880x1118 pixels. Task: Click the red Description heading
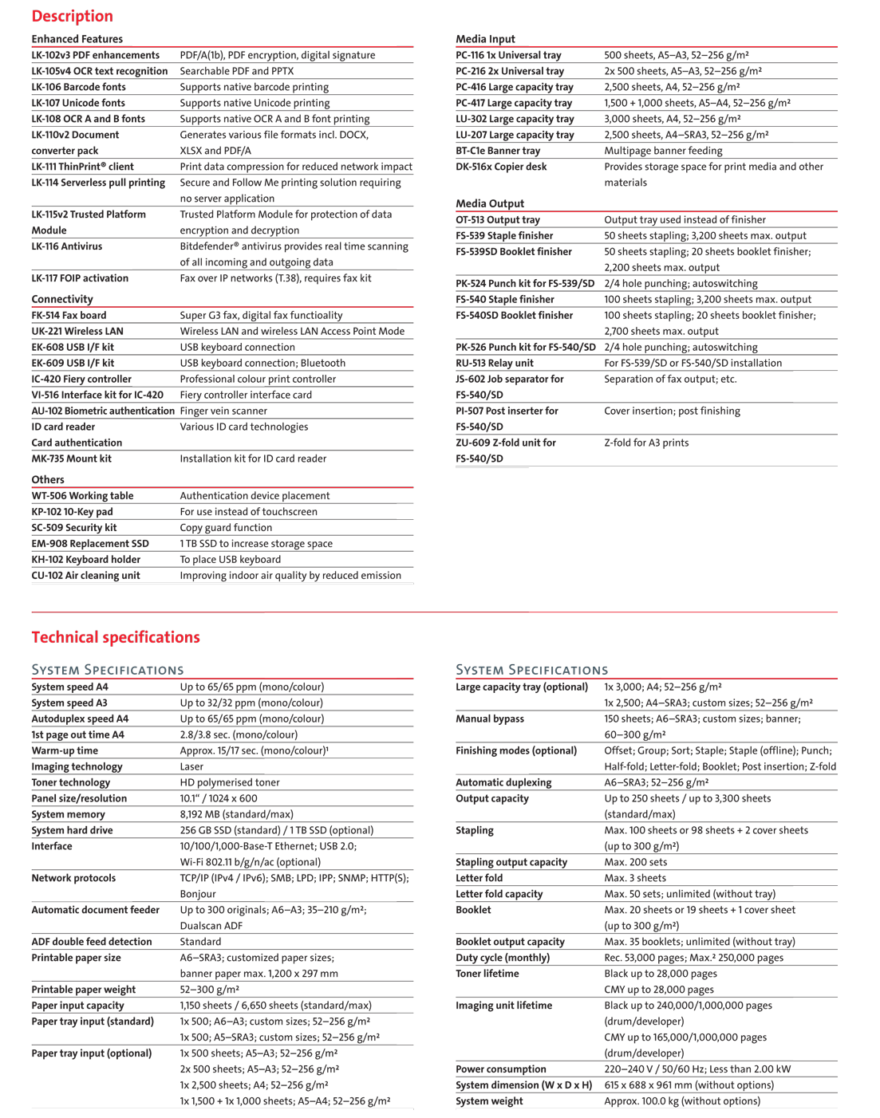[x=72, y=16]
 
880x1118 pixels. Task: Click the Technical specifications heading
[x=116, y=637]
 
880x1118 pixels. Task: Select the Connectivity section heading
[x=62, y=299]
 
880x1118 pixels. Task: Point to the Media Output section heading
[x=490, y=203]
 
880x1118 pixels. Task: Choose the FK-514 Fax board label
[x=69, y=315]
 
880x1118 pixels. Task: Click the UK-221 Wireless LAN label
[x=77, y=331]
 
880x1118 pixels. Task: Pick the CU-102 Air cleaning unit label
[x=85, y=575]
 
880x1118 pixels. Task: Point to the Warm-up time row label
[x=65, y=750]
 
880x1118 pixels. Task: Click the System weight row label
[x=489, y=1101]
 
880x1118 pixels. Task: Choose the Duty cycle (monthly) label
[x=503, y=958]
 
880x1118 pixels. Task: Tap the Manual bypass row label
[x=490, y=718]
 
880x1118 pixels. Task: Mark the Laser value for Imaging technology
[x=191, y=766]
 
